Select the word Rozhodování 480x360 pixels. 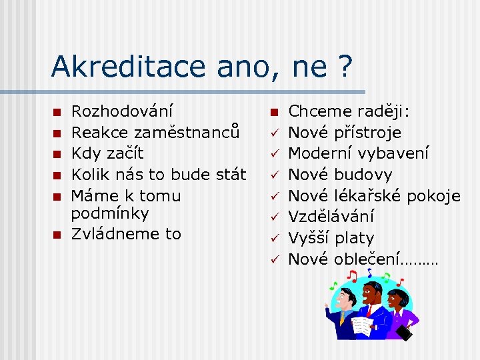click(x=122, y=111)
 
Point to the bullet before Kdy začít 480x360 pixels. click(x=57, y=153)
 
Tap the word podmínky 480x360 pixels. click(x=110, y=214)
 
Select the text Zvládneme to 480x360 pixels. click(x=126, y=234)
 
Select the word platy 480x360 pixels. click(x=355, y=238)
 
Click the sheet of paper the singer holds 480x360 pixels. click(x=363, y=325)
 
